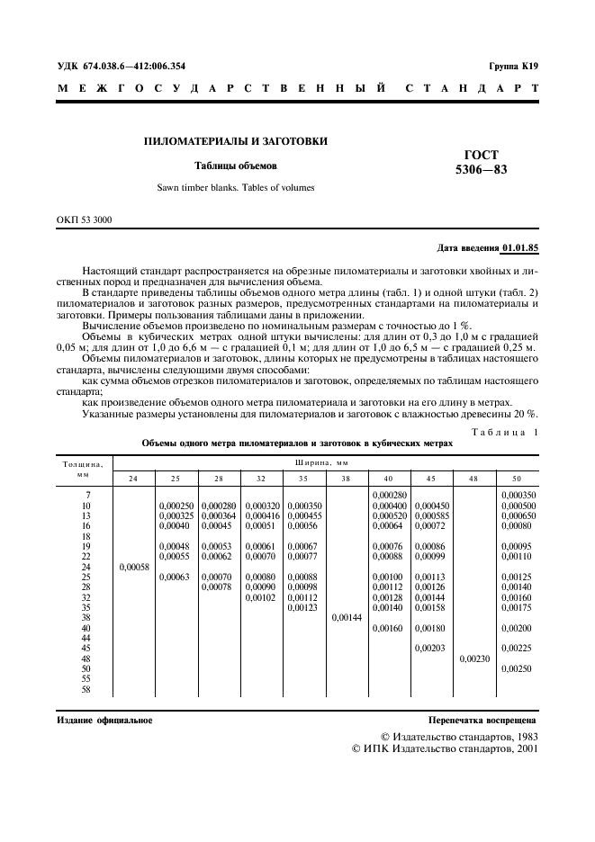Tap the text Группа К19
click(x=513, y=67)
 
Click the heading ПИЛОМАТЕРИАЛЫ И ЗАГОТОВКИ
click(x=236, y=141)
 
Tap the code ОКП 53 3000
click(x=86, y=219)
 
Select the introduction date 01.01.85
click(x=520, y=247)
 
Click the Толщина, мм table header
click(x=83, y=469)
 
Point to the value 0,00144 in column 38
click(x=347, y=618)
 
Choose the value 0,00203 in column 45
click(x=431, y=649)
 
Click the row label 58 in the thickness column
click(x=86, y=690)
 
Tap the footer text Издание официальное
click(x=104, y=721)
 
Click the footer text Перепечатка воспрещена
click(x=483, y=721)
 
